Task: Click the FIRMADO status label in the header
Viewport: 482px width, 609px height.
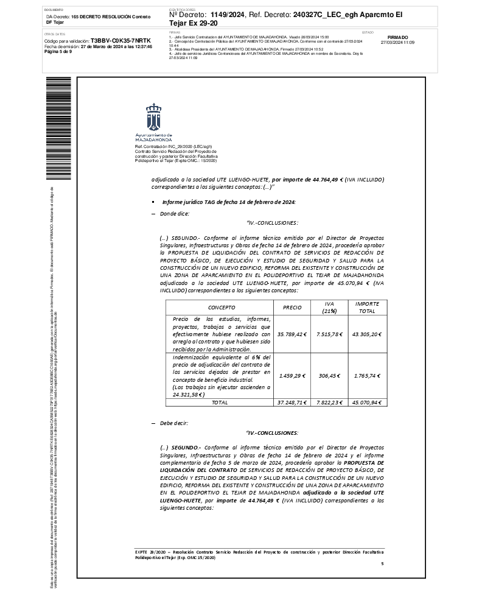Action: [397, 37]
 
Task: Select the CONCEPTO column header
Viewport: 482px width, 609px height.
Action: [222, 308]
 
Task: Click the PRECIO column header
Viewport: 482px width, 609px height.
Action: [292, 308]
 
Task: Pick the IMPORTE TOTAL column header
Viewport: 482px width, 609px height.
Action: [367, 308]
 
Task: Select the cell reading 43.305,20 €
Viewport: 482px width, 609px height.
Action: [367, 334]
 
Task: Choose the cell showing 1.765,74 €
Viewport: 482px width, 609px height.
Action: [367, 376]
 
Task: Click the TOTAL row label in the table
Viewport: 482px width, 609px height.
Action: [220, 403]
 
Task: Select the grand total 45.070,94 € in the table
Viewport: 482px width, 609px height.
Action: [367, 403]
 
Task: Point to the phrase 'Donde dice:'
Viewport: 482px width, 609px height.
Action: [175, 213]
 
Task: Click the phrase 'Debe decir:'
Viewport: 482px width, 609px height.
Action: [174, 423]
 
